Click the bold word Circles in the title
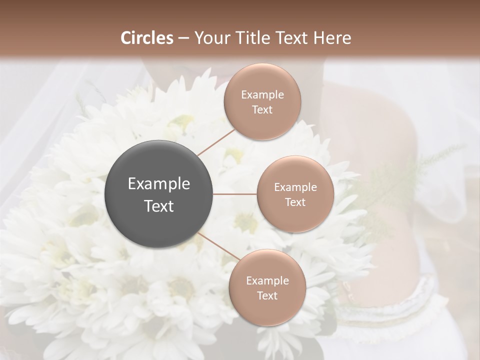[x=147, y=38]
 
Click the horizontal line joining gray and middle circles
[x=235, y=194]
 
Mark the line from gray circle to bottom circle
[x=218, y=245]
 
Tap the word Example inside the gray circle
[x=159, y=184]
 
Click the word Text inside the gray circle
[x=159, y=206]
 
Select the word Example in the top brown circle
[x=262, y=95]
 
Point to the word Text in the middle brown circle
[x=295, y=202]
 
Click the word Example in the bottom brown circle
[x=267, y=281]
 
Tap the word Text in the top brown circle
[x=262, y=110]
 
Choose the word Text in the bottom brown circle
[x=267, y=296]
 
